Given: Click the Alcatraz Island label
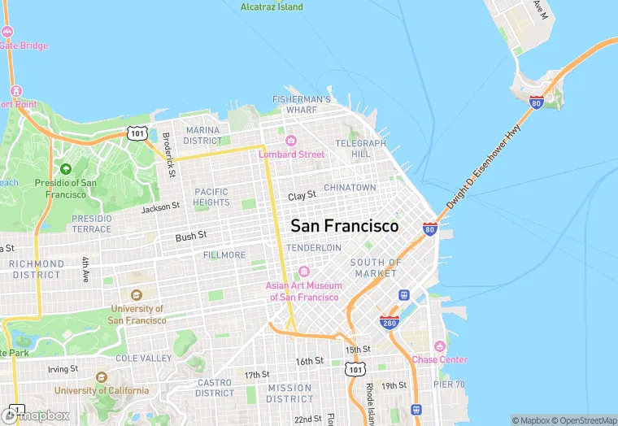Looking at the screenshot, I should click(272, 7).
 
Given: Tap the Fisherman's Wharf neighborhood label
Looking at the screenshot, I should click(302, 105).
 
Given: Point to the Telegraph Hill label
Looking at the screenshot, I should click(360, 148).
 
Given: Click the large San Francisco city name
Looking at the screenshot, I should click(345, 226).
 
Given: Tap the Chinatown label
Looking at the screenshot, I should click(350, 188).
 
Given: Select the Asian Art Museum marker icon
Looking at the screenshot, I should click(303, 272).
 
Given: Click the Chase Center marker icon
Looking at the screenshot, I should click(440, 346).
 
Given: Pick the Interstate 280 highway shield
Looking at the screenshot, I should click(390, 323).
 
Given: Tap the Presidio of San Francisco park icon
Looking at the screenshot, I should click(66, 168).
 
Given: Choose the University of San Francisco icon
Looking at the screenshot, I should click(136, 295).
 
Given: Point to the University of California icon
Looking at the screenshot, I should click(101, 377).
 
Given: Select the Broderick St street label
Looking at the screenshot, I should click(168, 154).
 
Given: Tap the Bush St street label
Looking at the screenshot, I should click(191, 237).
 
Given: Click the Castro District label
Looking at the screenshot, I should click(215, 388).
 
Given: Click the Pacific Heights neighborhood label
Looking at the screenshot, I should click(211, 197).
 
